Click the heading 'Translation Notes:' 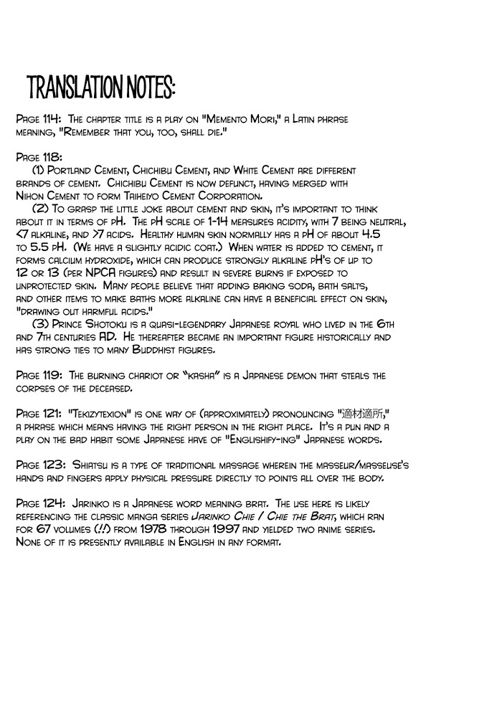100,87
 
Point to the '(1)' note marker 39,170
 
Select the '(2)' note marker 40,208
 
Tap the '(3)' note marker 40,325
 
